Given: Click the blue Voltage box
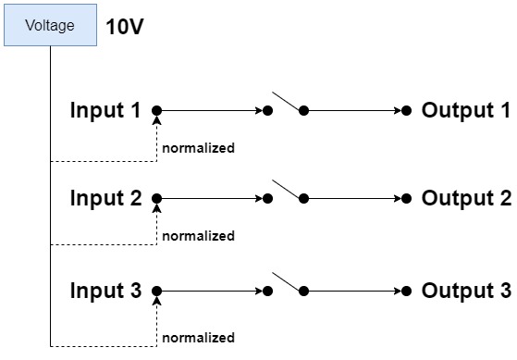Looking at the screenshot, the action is [x=50, y=25].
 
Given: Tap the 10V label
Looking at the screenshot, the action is [x=125, y=27].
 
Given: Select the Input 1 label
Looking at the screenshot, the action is [x=105, y=110].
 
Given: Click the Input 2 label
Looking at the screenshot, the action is [x=105, y=198].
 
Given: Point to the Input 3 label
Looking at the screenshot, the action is [x=105, y=291].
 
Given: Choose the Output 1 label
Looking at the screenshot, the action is [x=466, y=110].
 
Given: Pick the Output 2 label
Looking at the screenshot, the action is [x=466, y=198].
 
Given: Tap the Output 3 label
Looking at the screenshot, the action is [x=466, y=291].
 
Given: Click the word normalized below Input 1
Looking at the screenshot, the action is [x=199, y=148].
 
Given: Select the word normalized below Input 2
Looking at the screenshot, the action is [x=199, y=236].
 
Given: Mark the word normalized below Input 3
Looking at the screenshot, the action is [x=199, y=338].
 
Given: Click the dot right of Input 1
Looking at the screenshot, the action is [x=157, y=110].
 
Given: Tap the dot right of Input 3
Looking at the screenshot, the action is [x=157, y=291].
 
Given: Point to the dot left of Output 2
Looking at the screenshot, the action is [x=407, y=198].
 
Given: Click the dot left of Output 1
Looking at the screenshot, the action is [x=407, y=110].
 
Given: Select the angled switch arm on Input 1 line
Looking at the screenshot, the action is [x=286, y=102].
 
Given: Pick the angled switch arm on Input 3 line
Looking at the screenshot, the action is [x=286, y=282].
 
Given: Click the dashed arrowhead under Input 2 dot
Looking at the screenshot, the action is [x=157, y=208].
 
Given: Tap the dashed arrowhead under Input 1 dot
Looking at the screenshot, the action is [x=157, y=120].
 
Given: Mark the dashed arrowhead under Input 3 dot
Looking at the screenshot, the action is [x=157, y=301].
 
